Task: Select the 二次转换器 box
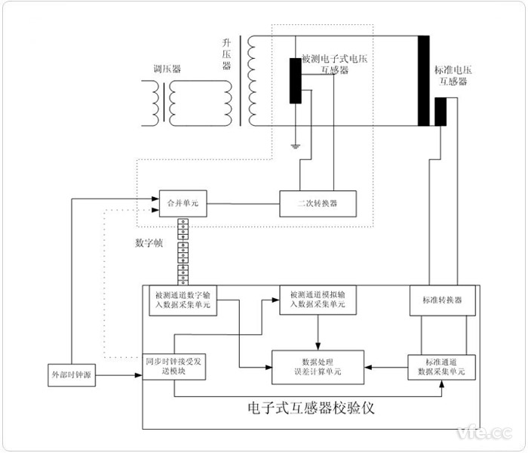pyautogui.click(x=318, y=203)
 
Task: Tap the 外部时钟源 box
pyautogui.click(x=72, y=374)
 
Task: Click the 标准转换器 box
pyautogui.click(x=437, y=300)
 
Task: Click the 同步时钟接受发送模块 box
pyautogui.click(x=174, y=366)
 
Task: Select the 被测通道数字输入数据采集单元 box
pyautogui.click(x=183, y=300)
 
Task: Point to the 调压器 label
pyautogui.click(x=166, y=68)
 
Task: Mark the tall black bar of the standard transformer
pyautogui.click(x=424, y=79)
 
